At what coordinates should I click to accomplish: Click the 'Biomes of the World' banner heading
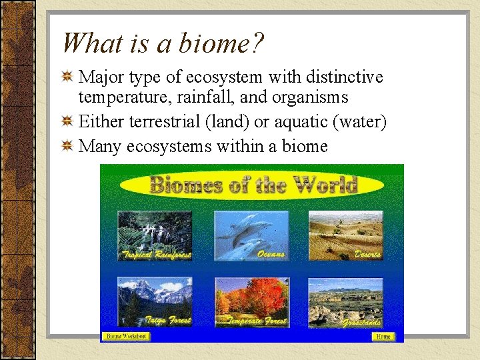pos(253,185)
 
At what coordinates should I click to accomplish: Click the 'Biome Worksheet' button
pos(126,337)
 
